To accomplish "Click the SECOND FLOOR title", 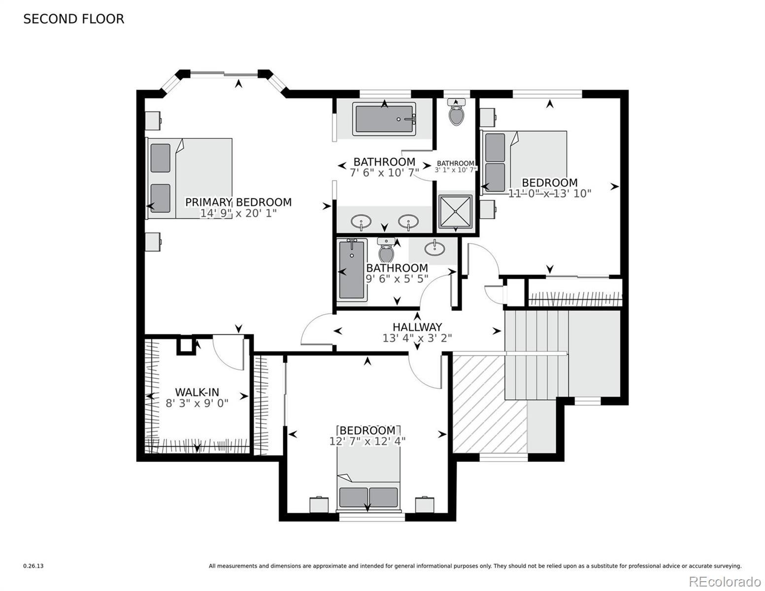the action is (x=73, y=19).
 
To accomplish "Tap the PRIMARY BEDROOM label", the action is (x=238, y=202).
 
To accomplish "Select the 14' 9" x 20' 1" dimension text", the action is (x=238, y=213).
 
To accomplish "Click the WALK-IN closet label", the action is (x=197, y=392).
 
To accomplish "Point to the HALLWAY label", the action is (x=417, y=327).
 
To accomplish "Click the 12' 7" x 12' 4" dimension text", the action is (x=367, y=441).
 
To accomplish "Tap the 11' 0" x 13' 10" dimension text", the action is (x=550, y=193).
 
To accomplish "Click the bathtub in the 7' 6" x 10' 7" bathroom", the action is (x=385, y=119).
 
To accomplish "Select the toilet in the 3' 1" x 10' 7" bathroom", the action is (x=456, y=112).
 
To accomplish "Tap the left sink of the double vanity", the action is (x=361, y=222).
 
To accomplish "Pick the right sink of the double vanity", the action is (x=408, y=222).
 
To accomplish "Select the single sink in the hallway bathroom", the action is (x=434, y=249).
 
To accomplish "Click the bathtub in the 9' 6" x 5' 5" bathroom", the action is (x=352, y=270).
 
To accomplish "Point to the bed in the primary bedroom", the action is (x=189, y=178).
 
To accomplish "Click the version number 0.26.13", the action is (x=33, y=566).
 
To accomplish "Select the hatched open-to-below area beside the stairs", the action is (x=489, y=404).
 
